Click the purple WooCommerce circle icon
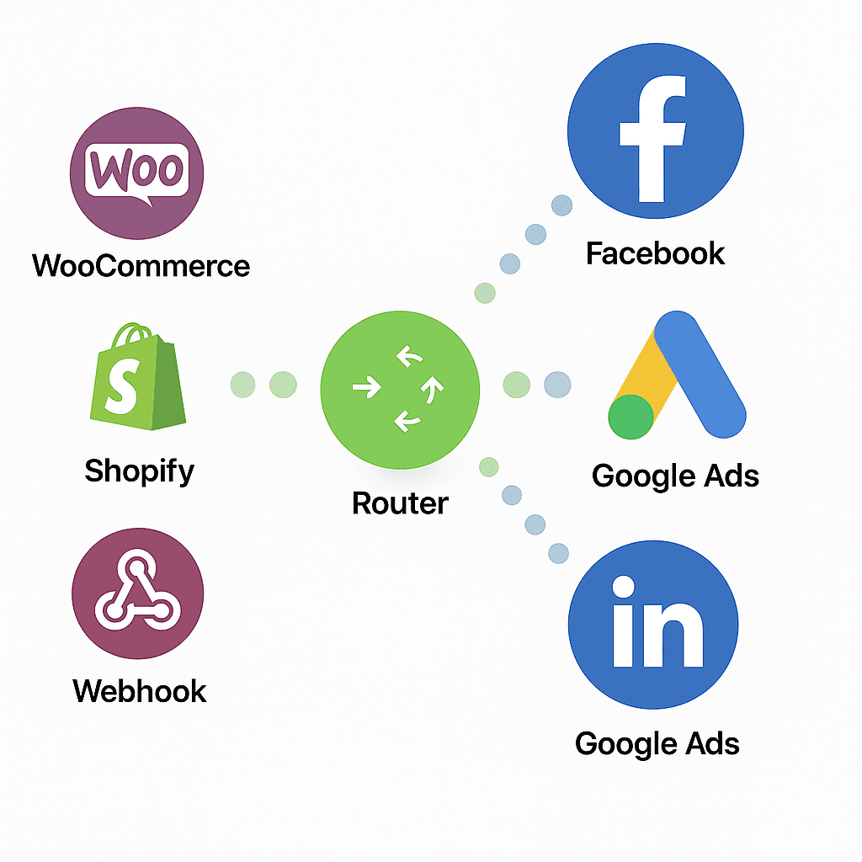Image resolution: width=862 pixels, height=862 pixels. [x=136, y=173]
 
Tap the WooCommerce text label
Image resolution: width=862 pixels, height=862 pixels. [x=141, y=266]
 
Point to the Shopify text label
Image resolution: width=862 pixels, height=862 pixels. [x=139, y=471]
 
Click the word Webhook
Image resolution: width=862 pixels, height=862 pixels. [x=140, y=691]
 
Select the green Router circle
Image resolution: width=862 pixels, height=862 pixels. [x=400, y=388]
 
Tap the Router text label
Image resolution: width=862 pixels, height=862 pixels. [x=400, y=503]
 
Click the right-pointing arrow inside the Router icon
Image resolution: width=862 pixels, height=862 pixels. [x=366, y=388]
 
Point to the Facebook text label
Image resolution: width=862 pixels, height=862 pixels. [x=656, y=253]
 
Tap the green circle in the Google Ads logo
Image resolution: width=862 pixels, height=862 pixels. [x=631, y=416]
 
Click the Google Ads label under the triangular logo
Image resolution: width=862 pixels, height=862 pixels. [x=675, y=476]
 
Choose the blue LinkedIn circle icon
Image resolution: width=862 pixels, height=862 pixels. [x=653, y=625]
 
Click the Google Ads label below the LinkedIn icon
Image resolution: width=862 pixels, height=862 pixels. [x=657, y=744]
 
